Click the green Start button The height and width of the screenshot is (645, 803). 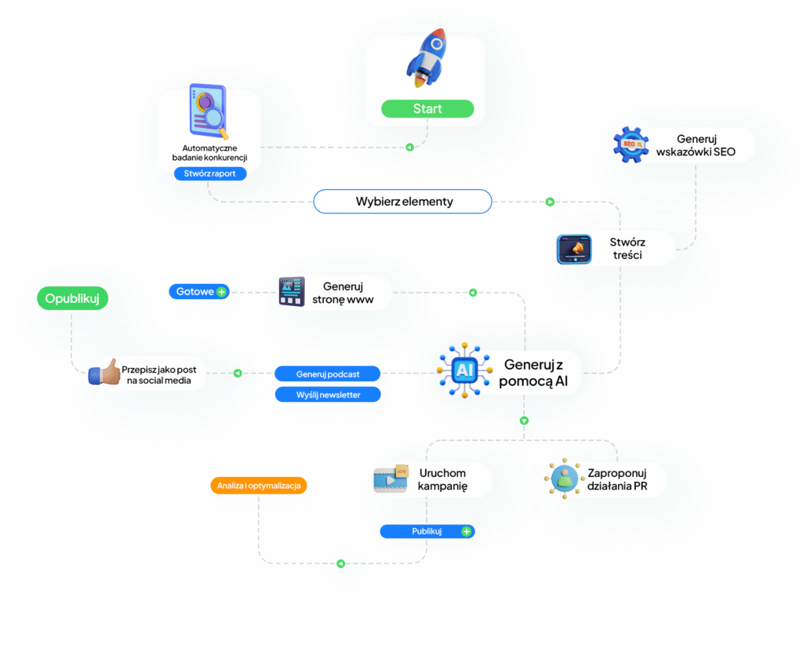427,108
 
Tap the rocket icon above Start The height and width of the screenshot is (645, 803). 427,57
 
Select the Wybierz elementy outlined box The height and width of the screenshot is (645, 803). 402,202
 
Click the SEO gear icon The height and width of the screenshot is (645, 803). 631,145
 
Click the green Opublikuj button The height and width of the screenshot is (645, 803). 72,298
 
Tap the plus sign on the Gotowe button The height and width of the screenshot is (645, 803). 221,291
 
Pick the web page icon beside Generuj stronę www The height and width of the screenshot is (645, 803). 292,291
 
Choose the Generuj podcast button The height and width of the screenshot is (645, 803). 328,374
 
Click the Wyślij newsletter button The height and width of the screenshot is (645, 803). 328,395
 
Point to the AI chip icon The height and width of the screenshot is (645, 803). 464,370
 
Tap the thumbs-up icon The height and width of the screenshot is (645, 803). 104,373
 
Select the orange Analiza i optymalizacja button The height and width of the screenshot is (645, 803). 259,485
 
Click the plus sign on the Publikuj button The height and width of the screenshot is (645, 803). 466,531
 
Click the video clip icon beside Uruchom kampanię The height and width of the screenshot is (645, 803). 391,479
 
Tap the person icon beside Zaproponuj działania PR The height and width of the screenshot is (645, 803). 564,478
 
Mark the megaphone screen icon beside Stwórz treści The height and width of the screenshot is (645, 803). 574,250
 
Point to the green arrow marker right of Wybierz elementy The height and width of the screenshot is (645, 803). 550,202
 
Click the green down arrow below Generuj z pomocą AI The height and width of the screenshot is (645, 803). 524,421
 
